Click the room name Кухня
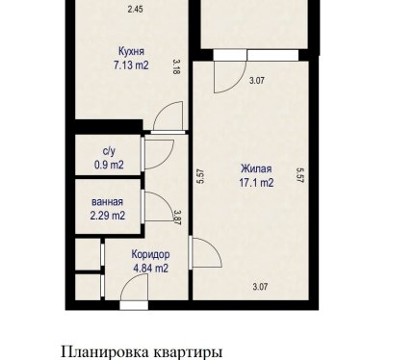[131, 51]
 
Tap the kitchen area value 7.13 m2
[131, 65]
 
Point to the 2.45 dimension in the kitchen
[135, 10]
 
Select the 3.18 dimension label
[176, 66]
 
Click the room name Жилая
[256, 168]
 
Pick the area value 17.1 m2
[256, 183]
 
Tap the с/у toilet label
[109, 151]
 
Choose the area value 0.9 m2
[109, 165]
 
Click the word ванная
[107, 202]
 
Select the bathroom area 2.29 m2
[108, 216]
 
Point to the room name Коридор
[150, 254]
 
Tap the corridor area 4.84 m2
[150, 268]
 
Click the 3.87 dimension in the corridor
[177, 218]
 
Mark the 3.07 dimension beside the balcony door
[257, 80]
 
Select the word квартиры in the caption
[188, 352]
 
